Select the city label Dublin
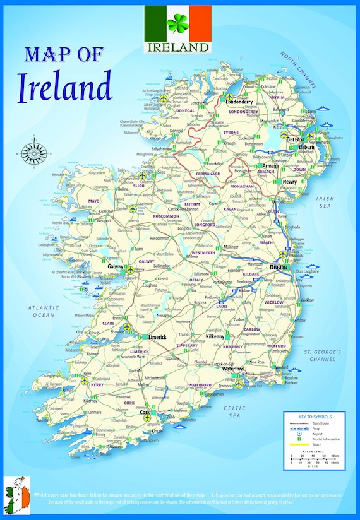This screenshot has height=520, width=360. (278, 268)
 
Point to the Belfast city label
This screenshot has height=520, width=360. (295, 139)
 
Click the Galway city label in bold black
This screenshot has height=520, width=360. (116, 267)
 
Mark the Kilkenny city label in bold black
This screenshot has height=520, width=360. (215, 337)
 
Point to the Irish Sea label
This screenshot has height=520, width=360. (325, 202)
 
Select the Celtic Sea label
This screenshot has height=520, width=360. (235, 411)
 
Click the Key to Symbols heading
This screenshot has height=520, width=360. (315, 417)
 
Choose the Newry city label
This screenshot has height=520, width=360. (289, 182)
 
